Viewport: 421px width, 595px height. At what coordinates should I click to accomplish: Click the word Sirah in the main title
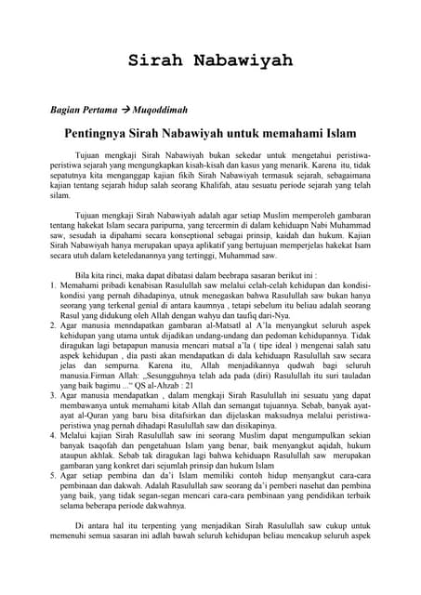pos(159,60)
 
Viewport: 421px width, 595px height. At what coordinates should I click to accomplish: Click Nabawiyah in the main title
pos(243,60)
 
